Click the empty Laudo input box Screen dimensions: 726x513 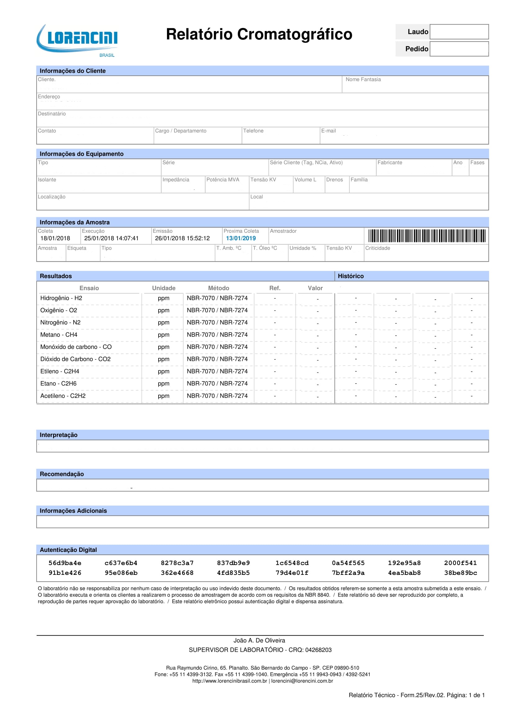(x=459, y=32)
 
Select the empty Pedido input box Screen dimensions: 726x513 (x=459, y=49)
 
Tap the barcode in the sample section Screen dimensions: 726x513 (x=427, y=236)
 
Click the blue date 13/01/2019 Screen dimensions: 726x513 (x=241, y=238)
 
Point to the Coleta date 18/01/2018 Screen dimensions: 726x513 (x=55, y=238)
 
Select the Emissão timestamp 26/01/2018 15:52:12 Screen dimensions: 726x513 (x=182, y=238)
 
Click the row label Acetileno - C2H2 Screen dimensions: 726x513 (x=63, y=396)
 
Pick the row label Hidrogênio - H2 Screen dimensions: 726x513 (x=61, y=298)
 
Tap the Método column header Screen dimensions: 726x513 (x=218, y=288)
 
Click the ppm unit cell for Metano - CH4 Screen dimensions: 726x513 (x=164, y=335)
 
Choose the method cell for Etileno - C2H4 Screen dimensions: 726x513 (x=217, y=372)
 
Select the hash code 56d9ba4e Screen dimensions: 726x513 (x=65, y=563)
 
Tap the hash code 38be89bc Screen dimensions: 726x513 (x=461, y=573)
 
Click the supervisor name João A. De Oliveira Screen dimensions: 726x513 (x=259, y=641)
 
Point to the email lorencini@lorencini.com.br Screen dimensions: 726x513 (x=302, y=681)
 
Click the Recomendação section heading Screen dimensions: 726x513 (x=62, y=474)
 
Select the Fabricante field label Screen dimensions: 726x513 (x=390, y=163)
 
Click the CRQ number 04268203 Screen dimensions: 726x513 (x=318, y=650)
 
